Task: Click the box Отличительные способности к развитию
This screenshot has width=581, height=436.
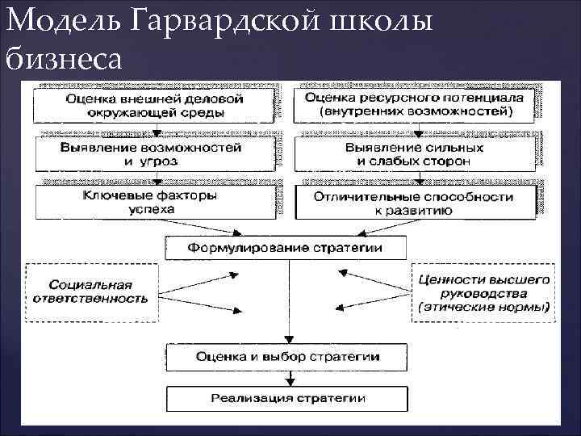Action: [x=414, y=202]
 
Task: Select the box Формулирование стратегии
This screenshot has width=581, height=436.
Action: [x=286, y=246]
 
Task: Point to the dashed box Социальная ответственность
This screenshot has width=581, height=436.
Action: [x=91, y=291]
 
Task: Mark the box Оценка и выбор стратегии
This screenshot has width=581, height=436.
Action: [x=287, y=355]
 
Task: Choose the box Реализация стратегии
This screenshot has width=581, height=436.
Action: [x=287, y=399]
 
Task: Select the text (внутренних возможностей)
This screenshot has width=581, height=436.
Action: [x=414, y=111]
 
